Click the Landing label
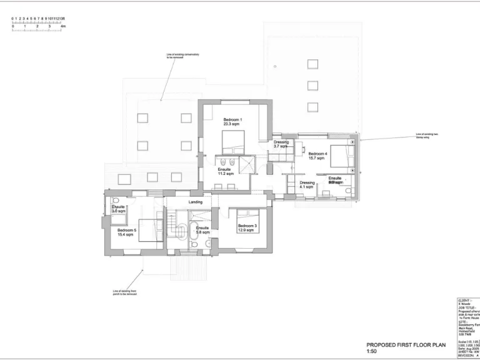point(195,202)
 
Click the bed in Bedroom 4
point(341,155)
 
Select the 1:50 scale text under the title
point(372,351)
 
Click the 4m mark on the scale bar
point(63,27)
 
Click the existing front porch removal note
point(124,292)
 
